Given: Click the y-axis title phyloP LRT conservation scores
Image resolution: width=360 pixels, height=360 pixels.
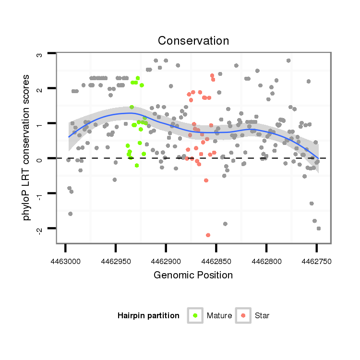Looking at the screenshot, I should (x=27, y=147).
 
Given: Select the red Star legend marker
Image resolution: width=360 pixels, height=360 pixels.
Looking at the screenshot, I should (x=243, y=315).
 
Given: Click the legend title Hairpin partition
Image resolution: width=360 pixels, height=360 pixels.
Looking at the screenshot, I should (x=148, y=316).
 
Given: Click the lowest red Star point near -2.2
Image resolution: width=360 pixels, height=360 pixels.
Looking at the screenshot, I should (x=208, y=235).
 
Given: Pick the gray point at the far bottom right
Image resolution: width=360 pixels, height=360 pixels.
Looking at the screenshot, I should (x=318, y=228).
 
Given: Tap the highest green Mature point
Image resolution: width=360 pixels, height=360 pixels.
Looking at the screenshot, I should (x=138, y=78).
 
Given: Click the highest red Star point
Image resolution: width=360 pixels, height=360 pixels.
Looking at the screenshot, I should (x=212, y=75).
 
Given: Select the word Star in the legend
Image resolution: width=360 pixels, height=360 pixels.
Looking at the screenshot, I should (x=262, y=316).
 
